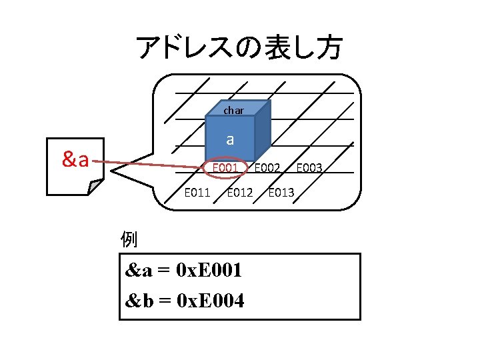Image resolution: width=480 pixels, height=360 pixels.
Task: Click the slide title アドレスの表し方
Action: click(239, 47)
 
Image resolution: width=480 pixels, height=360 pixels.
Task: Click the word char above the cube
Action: click(233, 110)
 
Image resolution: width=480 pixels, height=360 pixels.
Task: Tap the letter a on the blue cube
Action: click(230, 139)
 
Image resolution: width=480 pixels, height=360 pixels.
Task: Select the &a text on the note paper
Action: click(75, 159)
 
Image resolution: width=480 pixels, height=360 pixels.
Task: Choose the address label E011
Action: click(197, 193)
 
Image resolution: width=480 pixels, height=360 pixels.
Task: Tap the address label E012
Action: click(239, 193)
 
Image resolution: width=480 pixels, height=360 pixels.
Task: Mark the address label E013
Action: click(281, 193)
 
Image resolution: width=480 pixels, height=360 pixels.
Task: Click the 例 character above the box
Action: click(128, 239)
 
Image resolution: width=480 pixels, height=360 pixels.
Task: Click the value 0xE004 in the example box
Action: click(209, 301)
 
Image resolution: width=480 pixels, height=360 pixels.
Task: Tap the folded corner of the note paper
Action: click(96, 186)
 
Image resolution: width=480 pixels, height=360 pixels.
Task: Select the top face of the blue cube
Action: click(237, 109)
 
